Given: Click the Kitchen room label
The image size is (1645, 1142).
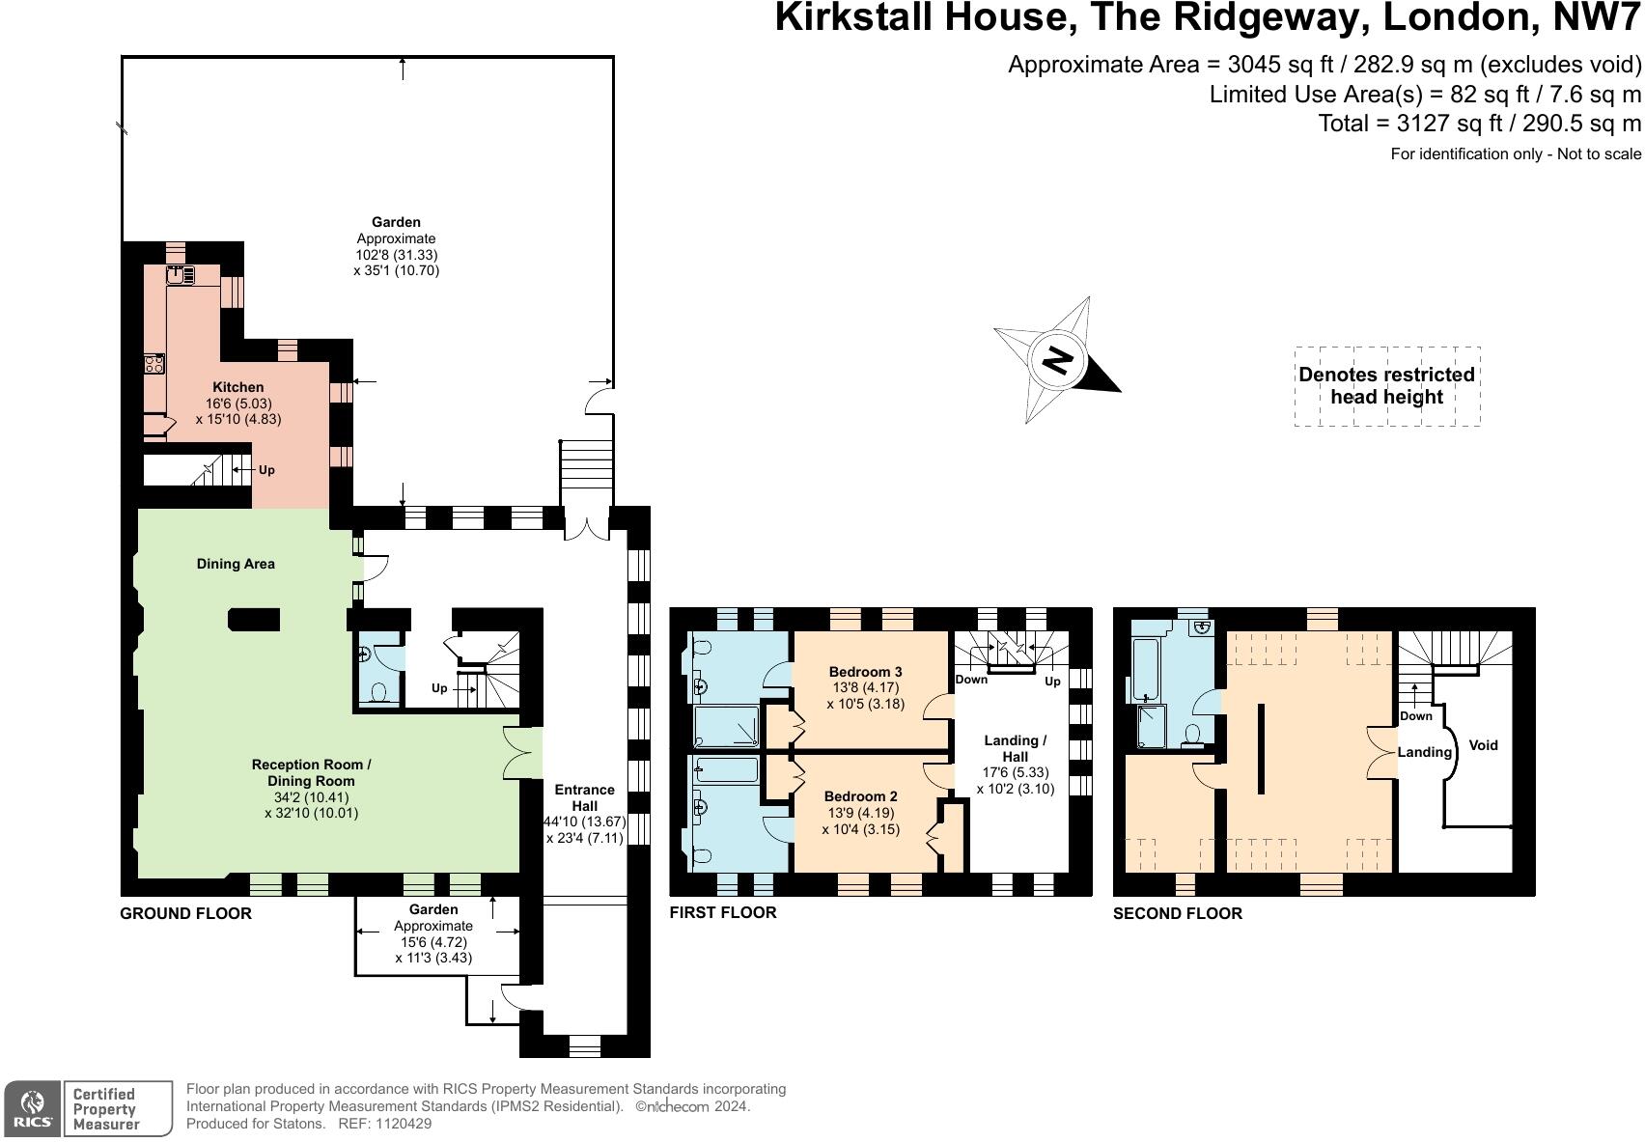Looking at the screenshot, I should coord(237,387).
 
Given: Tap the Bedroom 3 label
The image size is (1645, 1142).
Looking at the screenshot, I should coord(865,672).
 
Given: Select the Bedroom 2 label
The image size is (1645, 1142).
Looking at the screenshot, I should coord(860,796).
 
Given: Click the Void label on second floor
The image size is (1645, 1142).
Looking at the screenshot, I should coord(1483,745).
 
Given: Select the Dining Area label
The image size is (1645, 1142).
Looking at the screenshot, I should coord(236,564).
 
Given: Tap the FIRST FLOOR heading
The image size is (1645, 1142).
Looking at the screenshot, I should coord(722,912).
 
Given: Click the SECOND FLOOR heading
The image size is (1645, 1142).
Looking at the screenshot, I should coord(1177,913).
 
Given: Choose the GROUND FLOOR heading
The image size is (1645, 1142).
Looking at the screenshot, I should coord(185,913).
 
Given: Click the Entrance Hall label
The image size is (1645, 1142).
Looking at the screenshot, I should coord(584,797).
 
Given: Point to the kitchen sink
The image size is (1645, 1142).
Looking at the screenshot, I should coord(180,275).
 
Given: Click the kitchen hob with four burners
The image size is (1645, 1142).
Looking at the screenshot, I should coord(154,364).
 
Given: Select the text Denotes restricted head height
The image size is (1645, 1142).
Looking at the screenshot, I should coord(1386,385).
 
